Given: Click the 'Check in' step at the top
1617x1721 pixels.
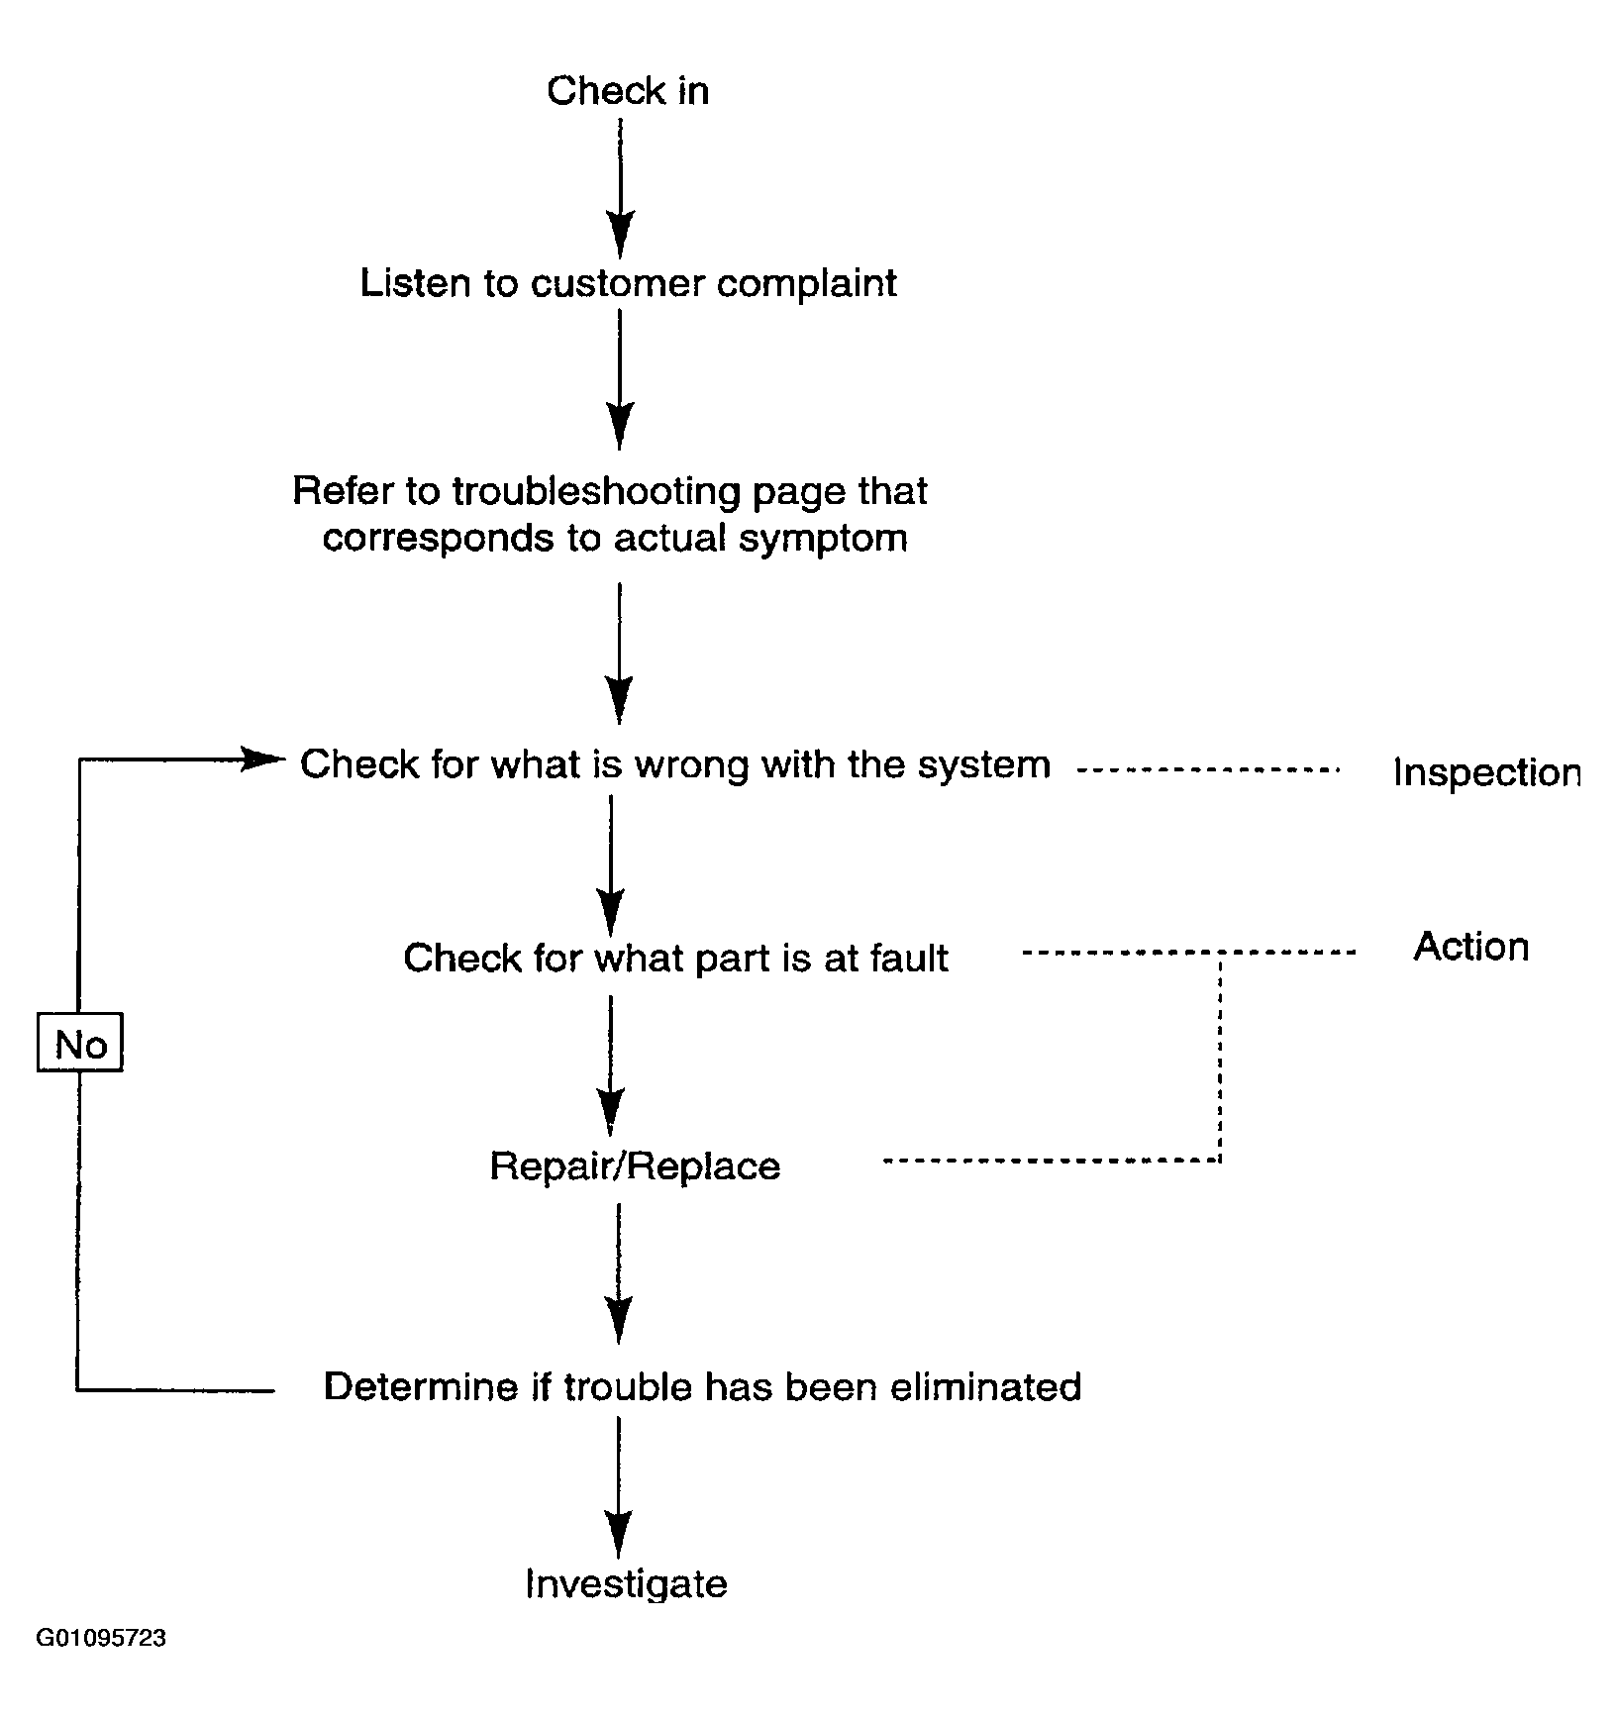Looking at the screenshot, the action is [628, 91].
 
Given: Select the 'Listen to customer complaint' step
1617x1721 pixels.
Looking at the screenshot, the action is [628, 283].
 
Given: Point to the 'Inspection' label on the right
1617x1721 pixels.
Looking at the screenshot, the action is [1487, 773].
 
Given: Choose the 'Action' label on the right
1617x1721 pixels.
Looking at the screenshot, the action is [1471, 947].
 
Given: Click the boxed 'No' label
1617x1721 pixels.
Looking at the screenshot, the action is [80, 1043].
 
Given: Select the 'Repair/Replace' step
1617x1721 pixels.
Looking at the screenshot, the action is [635, 1166].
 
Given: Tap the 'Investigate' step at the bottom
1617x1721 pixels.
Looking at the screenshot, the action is [626, 1583].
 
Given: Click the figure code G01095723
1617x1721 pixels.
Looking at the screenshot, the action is [101, 1638].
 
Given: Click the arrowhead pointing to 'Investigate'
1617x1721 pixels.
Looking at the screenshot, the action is [619, 1536].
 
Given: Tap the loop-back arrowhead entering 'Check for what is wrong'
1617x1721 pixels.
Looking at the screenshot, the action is [263, 759].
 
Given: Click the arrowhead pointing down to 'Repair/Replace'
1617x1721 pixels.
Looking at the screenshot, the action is [612, 1111].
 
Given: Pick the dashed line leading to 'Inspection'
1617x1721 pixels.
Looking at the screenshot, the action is [1208, 768].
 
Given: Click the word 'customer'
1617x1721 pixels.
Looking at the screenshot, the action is [618, 284].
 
